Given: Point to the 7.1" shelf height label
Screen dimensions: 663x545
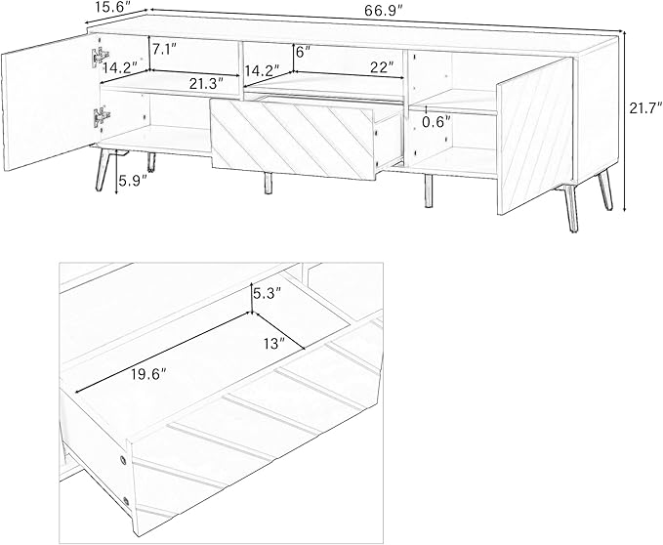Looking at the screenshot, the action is (x=164, y=50).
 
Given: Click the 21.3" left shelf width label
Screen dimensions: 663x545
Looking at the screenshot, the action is (x=206, y=84).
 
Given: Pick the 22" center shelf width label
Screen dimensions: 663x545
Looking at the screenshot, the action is (x=382, y=66).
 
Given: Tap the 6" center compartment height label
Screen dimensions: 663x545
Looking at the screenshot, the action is (x=303, y=52).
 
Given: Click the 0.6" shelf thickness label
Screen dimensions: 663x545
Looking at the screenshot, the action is (x=436, y=122).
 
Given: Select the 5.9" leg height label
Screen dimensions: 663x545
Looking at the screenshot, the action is (x=133, y=181).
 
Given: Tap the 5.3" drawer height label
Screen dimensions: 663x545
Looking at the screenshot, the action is (x=267, y=293).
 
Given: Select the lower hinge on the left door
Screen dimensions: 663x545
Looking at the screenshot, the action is (x=101, y=116).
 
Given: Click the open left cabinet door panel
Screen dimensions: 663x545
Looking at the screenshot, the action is (x=50, y=103).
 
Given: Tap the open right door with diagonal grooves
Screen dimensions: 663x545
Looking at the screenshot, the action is (x=534, y=136).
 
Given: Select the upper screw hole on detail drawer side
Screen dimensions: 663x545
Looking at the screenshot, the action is (x=123, y=460).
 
